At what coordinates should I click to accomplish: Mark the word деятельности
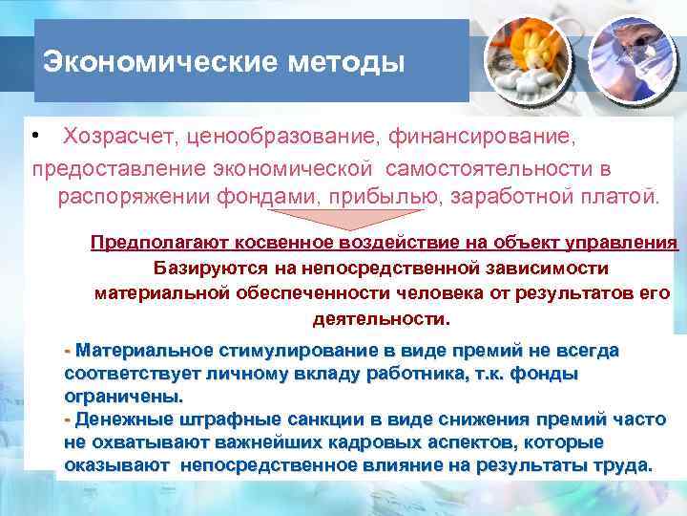[x=380, y=316]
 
